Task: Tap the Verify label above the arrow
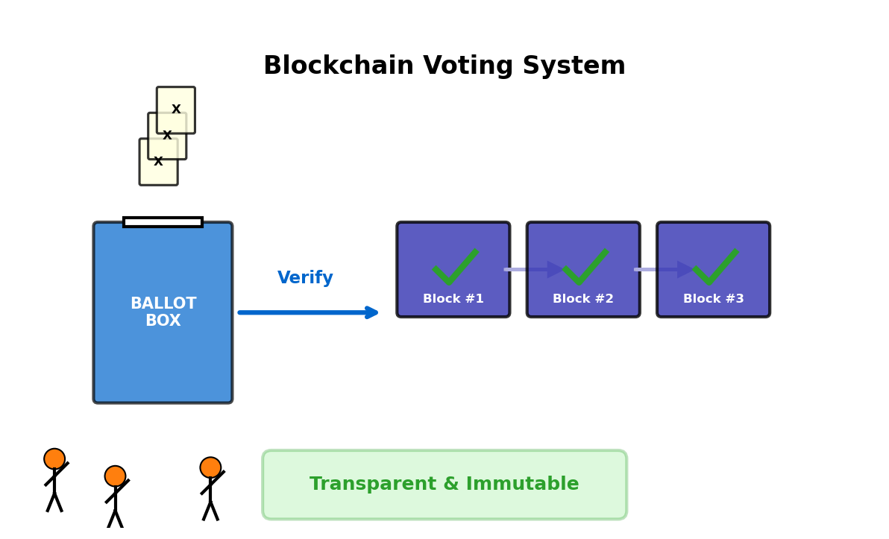coord(305,278)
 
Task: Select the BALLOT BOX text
coord(163,312)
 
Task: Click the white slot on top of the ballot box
coord(163,222)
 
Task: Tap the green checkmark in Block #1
coord(453,268)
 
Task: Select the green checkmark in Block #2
coord(585,268)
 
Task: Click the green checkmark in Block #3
coord(714,268)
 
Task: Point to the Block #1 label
coord(453,299)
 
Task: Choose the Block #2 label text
coord(583,299)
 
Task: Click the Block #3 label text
coord(713,299)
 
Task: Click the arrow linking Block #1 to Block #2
coord(531,269)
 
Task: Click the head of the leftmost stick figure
coord(54,458)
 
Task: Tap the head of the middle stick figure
coord(115,476)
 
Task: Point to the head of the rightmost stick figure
coord(210,467)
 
